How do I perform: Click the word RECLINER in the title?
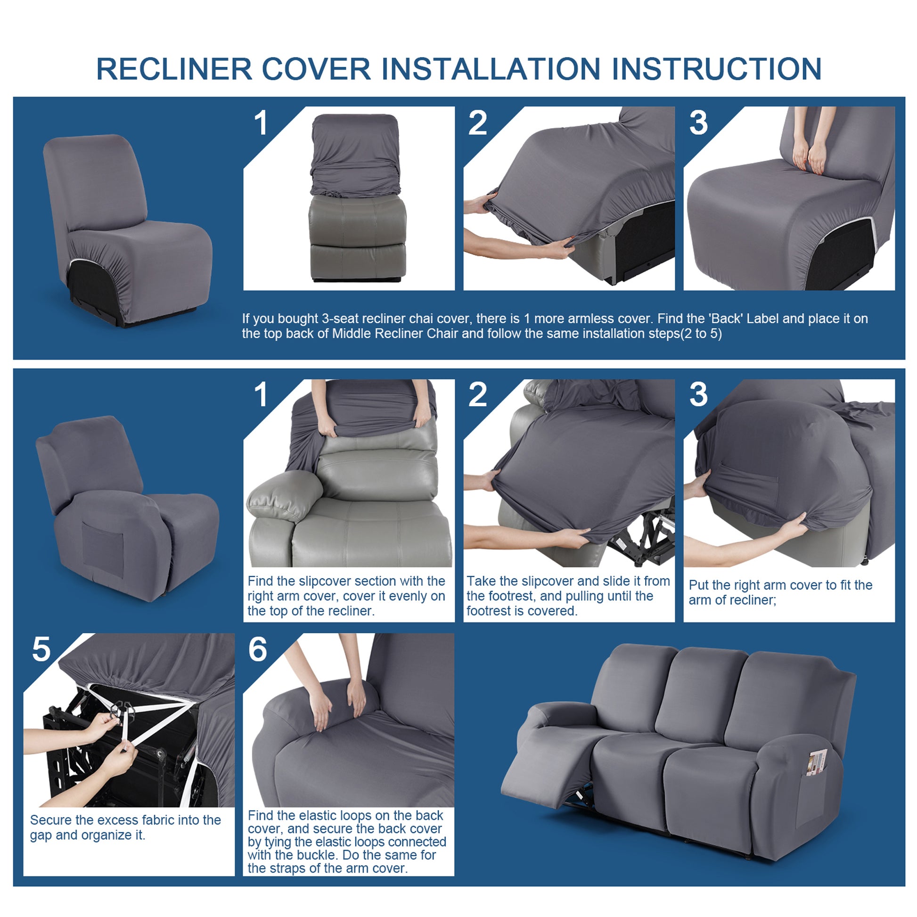pyautogui.click(x=174, y=69)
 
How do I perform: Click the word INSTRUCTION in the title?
pyautogui.click(x=717, y=69)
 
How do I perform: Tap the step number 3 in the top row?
pyautogui.click(x=698, y=123)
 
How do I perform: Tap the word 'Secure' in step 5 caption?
pyautogui.click(x=50, y=820)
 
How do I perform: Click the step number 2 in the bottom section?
pyautogui.click(x=477, y=394)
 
